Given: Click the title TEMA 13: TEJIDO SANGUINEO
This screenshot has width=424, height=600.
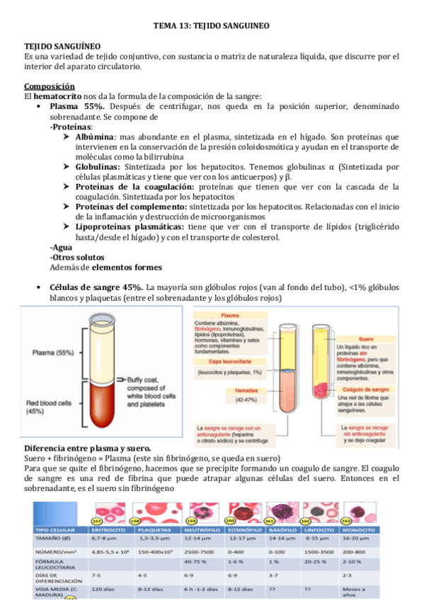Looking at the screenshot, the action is tap(212, 26).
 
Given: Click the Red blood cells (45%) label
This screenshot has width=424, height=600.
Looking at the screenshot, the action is tap(50, 405).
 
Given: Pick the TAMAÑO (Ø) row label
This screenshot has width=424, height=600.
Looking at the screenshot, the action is tap(53, 539).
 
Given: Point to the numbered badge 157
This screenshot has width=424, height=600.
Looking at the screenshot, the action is tap(97, 521).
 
